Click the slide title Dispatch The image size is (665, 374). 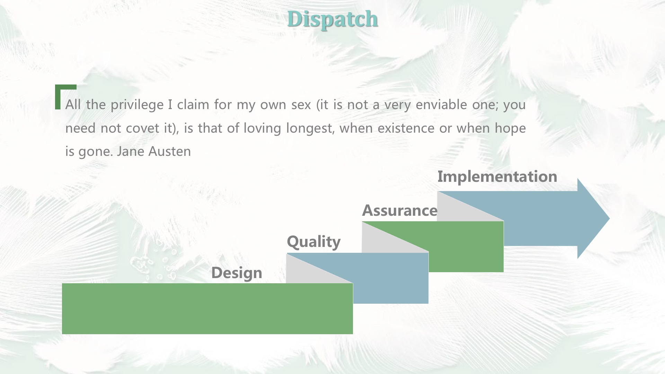[332, 19]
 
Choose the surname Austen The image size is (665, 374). [170, 151]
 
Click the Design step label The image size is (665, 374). [237, 273]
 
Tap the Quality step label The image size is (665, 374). [314, 242]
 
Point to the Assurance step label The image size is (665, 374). [400, 211]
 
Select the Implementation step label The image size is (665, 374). [497, 177]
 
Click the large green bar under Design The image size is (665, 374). [207, 309]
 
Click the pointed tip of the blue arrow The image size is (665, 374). [609, 219]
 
